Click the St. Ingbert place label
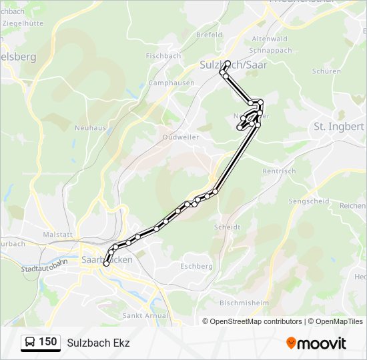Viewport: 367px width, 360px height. coord(338,126)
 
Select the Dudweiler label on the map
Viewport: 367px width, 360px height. coord(180,137)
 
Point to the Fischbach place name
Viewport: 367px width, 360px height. coord(163,56)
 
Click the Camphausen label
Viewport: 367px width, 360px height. coord(171,83)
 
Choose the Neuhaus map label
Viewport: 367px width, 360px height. coord(90,127)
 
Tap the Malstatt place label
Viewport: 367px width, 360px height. coord(57,235)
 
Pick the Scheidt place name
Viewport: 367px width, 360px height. coord(227,227)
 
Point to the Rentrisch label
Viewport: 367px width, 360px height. coord(279,171)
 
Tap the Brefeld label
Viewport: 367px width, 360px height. coord(209,35)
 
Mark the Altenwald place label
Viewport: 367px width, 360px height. coord(270,39)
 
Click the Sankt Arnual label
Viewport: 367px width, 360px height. coord(143,315)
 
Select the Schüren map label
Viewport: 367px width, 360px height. coord(326,71)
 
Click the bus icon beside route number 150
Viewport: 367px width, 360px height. coord(31,343)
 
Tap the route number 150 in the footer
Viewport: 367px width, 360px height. coord(48,342)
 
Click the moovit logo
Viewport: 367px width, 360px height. coord(316,343)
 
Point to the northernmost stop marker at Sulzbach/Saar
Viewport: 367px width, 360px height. coord(228,63)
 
